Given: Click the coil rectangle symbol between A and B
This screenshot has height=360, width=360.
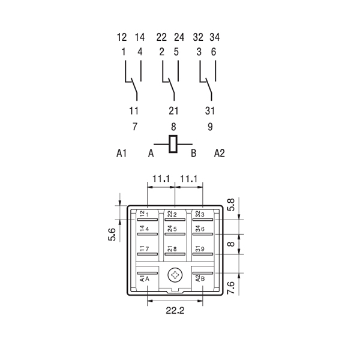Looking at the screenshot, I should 173,143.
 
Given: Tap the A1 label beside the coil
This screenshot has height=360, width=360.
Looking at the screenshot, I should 122,154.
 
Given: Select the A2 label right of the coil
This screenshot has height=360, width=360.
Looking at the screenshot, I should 219,154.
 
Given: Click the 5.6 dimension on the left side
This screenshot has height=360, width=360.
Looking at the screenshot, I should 112,233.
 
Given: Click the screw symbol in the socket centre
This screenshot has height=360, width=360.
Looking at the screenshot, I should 175,275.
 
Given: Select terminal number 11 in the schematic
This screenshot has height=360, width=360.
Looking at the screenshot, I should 134,110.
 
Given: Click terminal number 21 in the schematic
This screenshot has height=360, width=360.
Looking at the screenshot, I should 173,110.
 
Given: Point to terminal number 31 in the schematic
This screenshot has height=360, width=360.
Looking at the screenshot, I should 210,110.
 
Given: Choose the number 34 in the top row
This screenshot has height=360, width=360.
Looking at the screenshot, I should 214,37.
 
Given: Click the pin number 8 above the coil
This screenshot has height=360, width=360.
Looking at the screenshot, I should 173,127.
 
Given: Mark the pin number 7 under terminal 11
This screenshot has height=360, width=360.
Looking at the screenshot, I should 134,127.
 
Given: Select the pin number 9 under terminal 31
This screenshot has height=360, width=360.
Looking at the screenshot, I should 210,127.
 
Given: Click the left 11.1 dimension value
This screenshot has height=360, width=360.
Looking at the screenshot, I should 161,178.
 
